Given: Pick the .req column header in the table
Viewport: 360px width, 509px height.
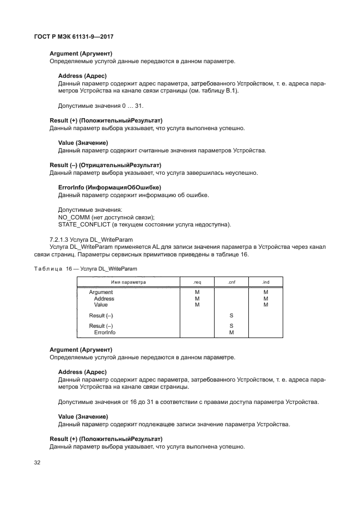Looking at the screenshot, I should pyautogui.click(x=197, y=282).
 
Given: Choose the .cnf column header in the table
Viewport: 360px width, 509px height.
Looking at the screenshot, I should pyautogui.click(x=231, y=282).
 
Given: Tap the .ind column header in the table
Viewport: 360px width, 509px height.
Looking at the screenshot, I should pyautogui.click(x=266, y=282).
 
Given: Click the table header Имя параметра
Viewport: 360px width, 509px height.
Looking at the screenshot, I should pyautogui.click(x=129, y=282).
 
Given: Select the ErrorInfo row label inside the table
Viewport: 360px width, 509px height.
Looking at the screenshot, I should pyautogui.click(x=105, y=332).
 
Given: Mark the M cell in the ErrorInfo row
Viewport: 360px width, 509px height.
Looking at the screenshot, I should pyautogui.click(x=231, y=332).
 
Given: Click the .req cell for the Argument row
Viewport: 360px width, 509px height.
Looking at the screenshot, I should pyautogui.click(x=197, y=292).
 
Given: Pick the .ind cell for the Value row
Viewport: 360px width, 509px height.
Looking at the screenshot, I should pyautogui.click(x=266, y=305).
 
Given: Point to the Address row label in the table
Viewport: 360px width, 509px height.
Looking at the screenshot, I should pyautogui.click(x=104, y=299).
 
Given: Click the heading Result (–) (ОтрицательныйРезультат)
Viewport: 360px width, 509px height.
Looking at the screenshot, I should pyautogui.click(x=106, y=165).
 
